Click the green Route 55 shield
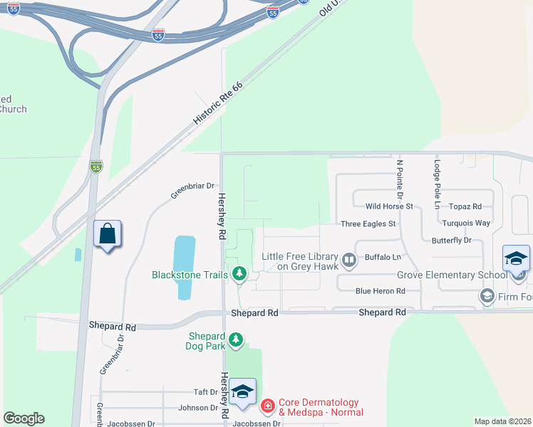pyautogui.click(x=96, y=167)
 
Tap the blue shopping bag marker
pyautogui.click(x=107, y=234)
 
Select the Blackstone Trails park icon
pyautogui.click(x=239, y=274)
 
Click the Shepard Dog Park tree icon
pyautogui.click(x=235, y=341)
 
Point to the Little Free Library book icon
pyautogui.click(x=349, y=260)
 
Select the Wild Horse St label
pyautogui.click(x=389, y=206)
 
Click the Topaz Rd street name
pyautogui.click(x=466, y=206)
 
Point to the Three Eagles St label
pyautogui.click(x=368, y=223)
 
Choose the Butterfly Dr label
pyautogui.click(x=452, y=241)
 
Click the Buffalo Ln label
pyautogui.click(x=383, y=256)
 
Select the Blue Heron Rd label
pyautogui.click(x=381, y=290)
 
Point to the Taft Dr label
pyautogui.click(x=205, y=392)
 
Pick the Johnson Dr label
pyautogui.click(x=198, y=408)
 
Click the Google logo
pyautogui.click(x=24, y=418)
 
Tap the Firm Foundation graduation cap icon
pyautogui.click(x=487, y=295)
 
